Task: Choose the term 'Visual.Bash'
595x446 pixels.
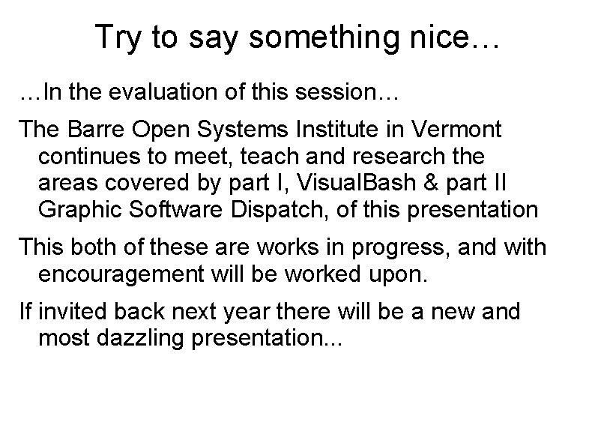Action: pyautogui.click(x=354, y=183)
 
